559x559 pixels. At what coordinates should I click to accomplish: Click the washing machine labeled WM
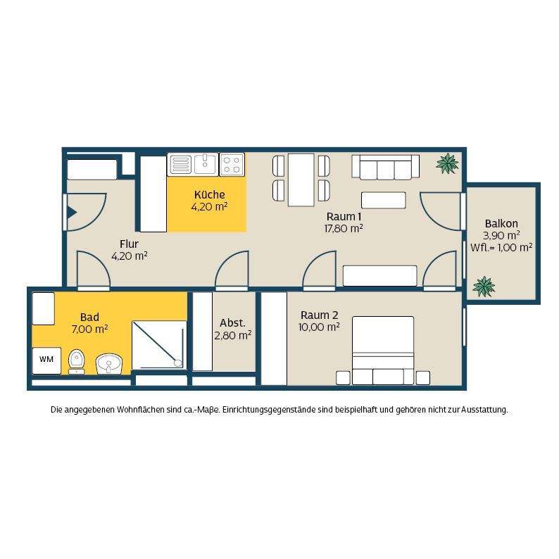tap(46, 360)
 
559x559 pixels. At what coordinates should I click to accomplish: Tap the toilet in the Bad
tap(76, 361)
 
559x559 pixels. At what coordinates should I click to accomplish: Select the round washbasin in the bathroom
tap(109, 364)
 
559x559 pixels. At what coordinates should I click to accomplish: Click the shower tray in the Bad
tap(159, 346)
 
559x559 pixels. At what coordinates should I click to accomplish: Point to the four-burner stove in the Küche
tap(232, 164)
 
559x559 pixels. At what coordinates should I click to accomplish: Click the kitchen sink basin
tap(205, 163)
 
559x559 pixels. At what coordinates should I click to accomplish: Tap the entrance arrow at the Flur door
tap(73, 213)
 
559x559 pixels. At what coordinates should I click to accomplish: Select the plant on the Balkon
tap(484, 287)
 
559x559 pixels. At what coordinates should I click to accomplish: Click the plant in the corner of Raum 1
tap(447, 163)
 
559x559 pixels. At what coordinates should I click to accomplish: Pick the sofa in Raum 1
tap(385, 167)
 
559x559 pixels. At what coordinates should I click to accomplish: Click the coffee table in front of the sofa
tap(383, 200)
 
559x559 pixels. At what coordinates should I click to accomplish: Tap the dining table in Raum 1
tap(301, 180)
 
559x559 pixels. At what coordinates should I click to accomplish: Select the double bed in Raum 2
tap(383, 351)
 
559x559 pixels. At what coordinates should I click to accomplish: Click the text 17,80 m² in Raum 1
tap(344, 229)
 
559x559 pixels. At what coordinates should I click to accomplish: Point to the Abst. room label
tap(233, 323)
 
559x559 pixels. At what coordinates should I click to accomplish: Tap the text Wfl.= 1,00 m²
tap(501, 247)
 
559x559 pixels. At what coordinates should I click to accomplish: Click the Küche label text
tap(210, 194)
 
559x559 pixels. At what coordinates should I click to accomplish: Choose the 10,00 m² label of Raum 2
tap(319, 327)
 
